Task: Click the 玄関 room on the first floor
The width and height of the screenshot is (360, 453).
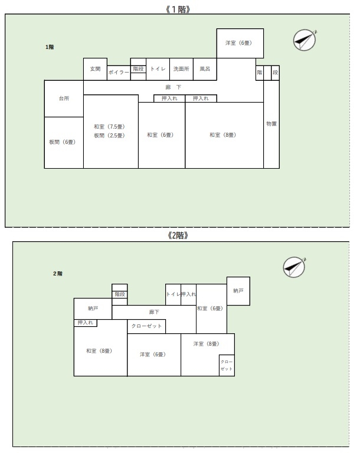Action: pos(95,69)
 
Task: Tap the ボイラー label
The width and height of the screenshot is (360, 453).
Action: pos(119,72)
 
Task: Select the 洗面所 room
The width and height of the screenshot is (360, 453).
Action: pos(181,69)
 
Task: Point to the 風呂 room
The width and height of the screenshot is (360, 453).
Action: pos(205,69)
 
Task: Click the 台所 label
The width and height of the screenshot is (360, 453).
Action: pos(64,99)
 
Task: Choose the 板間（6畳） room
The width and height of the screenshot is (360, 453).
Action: pos(64,143)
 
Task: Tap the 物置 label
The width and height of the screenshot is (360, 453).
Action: pos(271,124)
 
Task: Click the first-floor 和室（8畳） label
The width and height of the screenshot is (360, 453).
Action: pos(223,135)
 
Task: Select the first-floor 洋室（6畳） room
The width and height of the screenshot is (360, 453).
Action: pos(240,43)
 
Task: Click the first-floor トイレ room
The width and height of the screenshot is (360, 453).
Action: pos(158,69)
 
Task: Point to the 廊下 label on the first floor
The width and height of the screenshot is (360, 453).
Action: pos(174,87)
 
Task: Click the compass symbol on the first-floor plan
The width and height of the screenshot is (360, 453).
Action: pos(305,40)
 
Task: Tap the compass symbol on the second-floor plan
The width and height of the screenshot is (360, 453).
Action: pos(294,267)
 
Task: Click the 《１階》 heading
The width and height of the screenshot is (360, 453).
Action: pos(178,9)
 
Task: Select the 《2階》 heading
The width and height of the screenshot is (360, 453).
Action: pos(178,235)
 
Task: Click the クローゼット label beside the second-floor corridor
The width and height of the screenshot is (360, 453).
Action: pos(146,326)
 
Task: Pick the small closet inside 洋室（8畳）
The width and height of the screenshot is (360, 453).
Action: pos(227,366)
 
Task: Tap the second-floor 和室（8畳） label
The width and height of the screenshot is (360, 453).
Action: pos(99,351)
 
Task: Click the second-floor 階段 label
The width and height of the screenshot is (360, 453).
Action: pos(120,294)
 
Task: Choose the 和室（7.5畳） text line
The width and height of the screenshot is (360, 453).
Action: pos(109,127)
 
